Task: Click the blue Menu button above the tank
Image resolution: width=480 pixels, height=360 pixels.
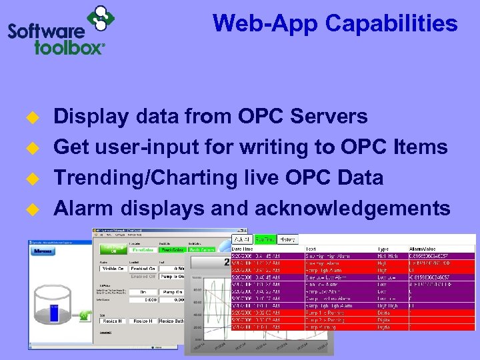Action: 44,251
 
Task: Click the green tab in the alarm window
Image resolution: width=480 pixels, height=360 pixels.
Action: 266,238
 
